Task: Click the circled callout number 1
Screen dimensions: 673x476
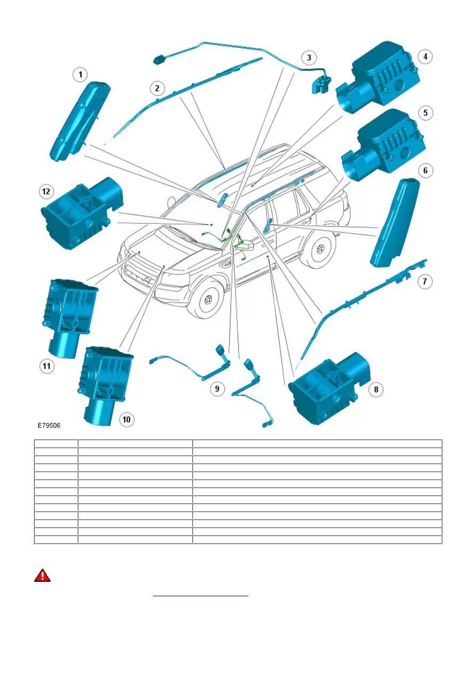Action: pyautogui.click(x=80, y=75)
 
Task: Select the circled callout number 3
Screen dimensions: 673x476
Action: pyautogui.click(x=309, y=57)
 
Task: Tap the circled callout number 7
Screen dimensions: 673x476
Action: pyautogui.click(x=424, y=281)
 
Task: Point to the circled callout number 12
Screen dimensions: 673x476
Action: pyautogui.click(x=46, y=191)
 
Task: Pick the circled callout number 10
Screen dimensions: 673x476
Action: pyautogui.click(x=126, y=419)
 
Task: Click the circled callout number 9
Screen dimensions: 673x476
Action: pyautogui.click(x=217, y=389)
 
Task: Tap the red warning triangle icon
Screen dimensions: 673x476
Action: pyautogui.click(x=43, y=575)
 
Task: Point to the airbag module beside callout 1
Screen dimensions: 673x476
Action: pyautogui.click(x=80, y=120)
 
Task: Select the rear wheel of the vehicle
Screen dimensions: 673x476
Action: pyautogui.click(x=319, y=248)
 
